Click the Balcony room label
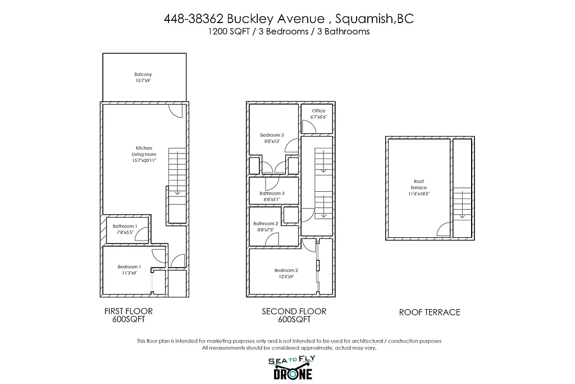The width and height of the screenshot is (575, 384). [143, 78]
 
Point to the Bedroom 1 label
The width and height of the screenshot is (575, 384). [129, 270]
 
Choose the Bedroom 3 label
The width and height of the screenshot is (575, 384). [272, 138]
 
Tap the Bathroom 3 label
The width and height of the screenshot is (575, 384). [272, 196]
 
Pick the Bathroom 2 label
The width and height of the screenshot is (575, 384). [266, 227]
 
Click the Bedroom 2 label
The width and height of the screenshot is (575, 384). [286, 273]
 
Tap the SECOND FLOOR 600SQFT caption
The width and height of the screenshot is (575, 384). [294, 315]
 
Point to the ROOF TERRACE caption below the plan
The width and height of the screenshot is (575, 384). [430, 312]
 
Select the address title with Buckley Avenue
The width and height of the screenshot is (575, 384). [288, 19]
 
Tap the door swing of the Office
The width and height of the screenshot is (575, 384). [308, 127]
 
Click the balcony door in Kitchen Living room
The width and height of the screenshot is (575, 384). [175, 111]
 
